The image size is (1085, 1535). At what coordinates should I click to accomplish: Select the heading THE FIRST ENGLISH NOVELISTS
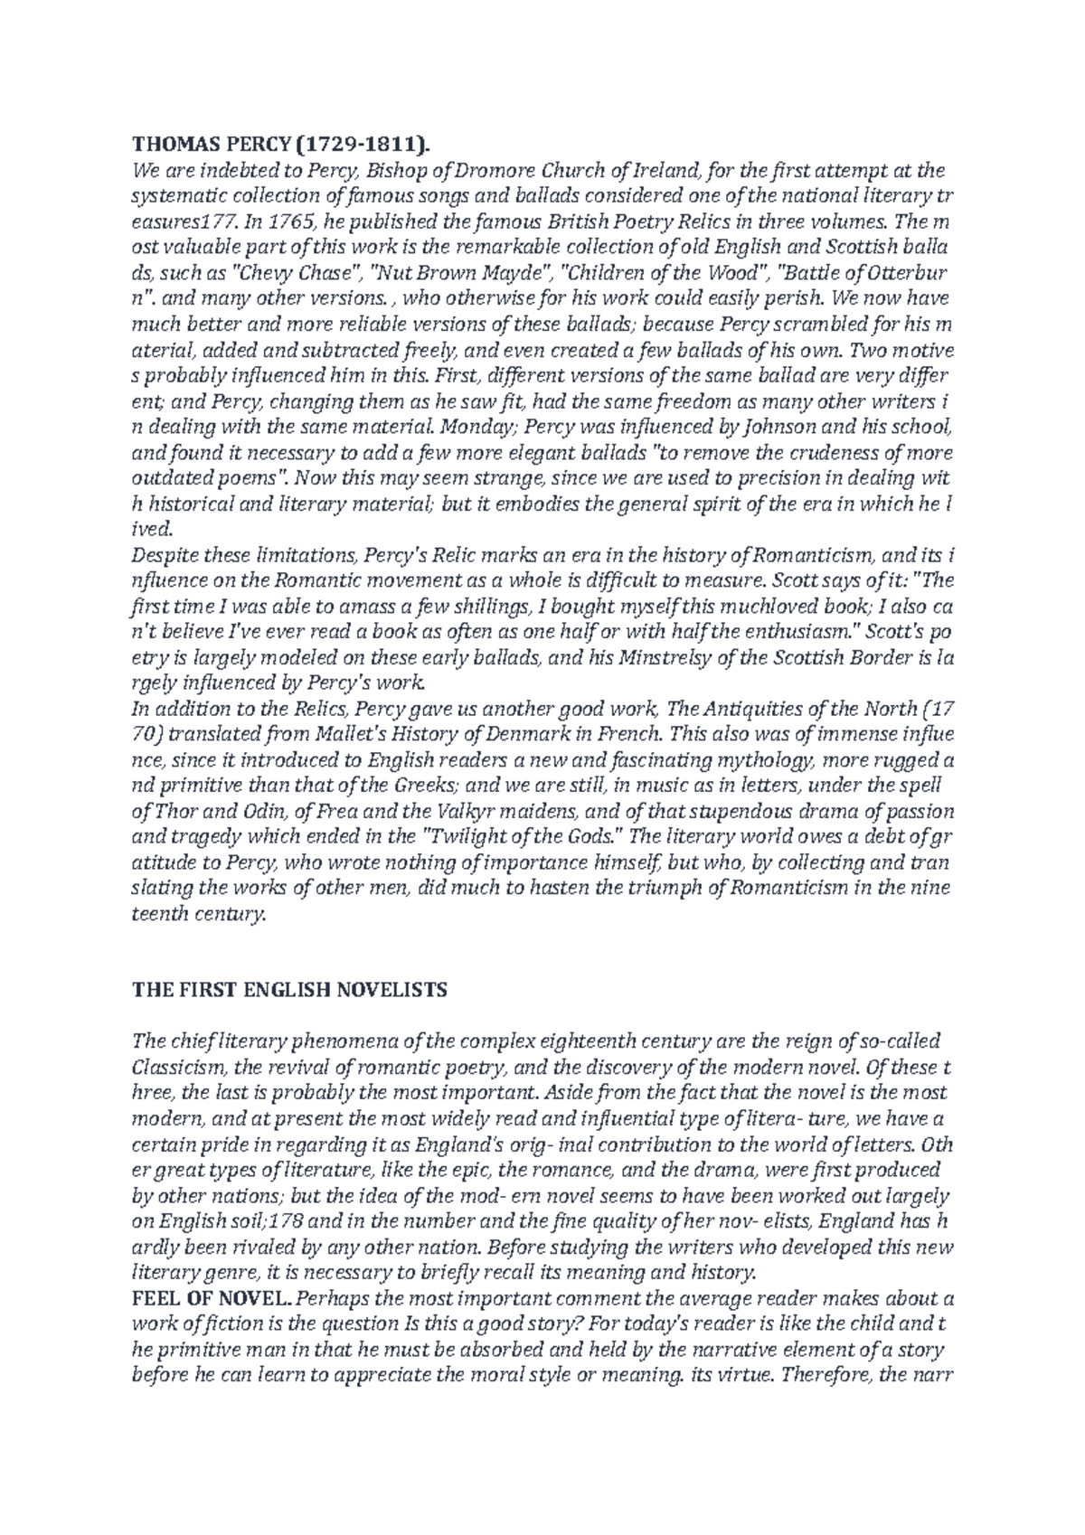289,990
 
